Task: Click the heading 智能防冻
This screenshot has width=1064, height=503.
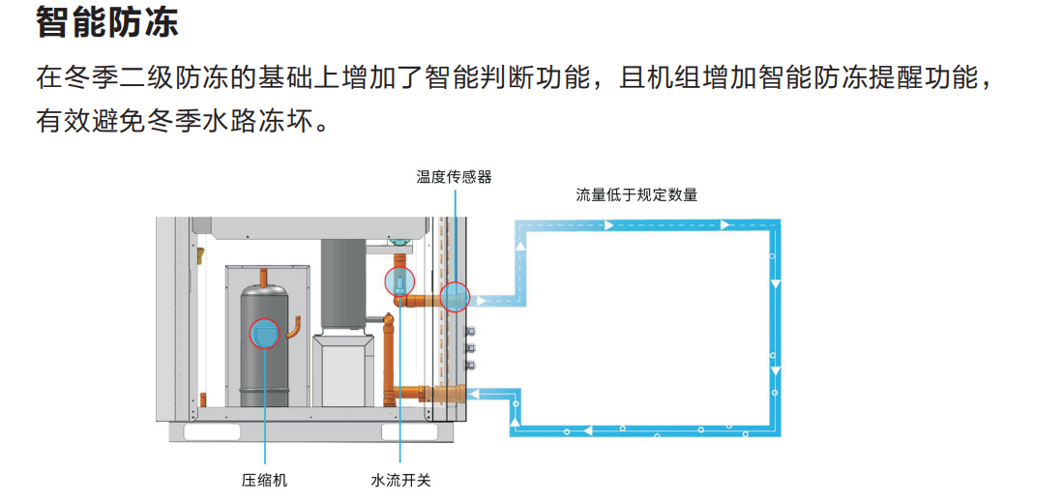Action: [107, 21]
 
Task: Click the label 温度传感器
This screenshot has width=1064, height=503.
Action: [454, 177]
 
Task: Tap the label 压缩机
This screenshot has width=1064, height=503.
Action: [264, 481]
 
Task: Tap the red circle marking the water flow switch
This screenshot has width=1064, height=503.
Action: [399, 281]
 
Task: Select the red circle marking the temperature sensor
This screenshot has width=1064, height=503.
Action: [454, 296]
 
